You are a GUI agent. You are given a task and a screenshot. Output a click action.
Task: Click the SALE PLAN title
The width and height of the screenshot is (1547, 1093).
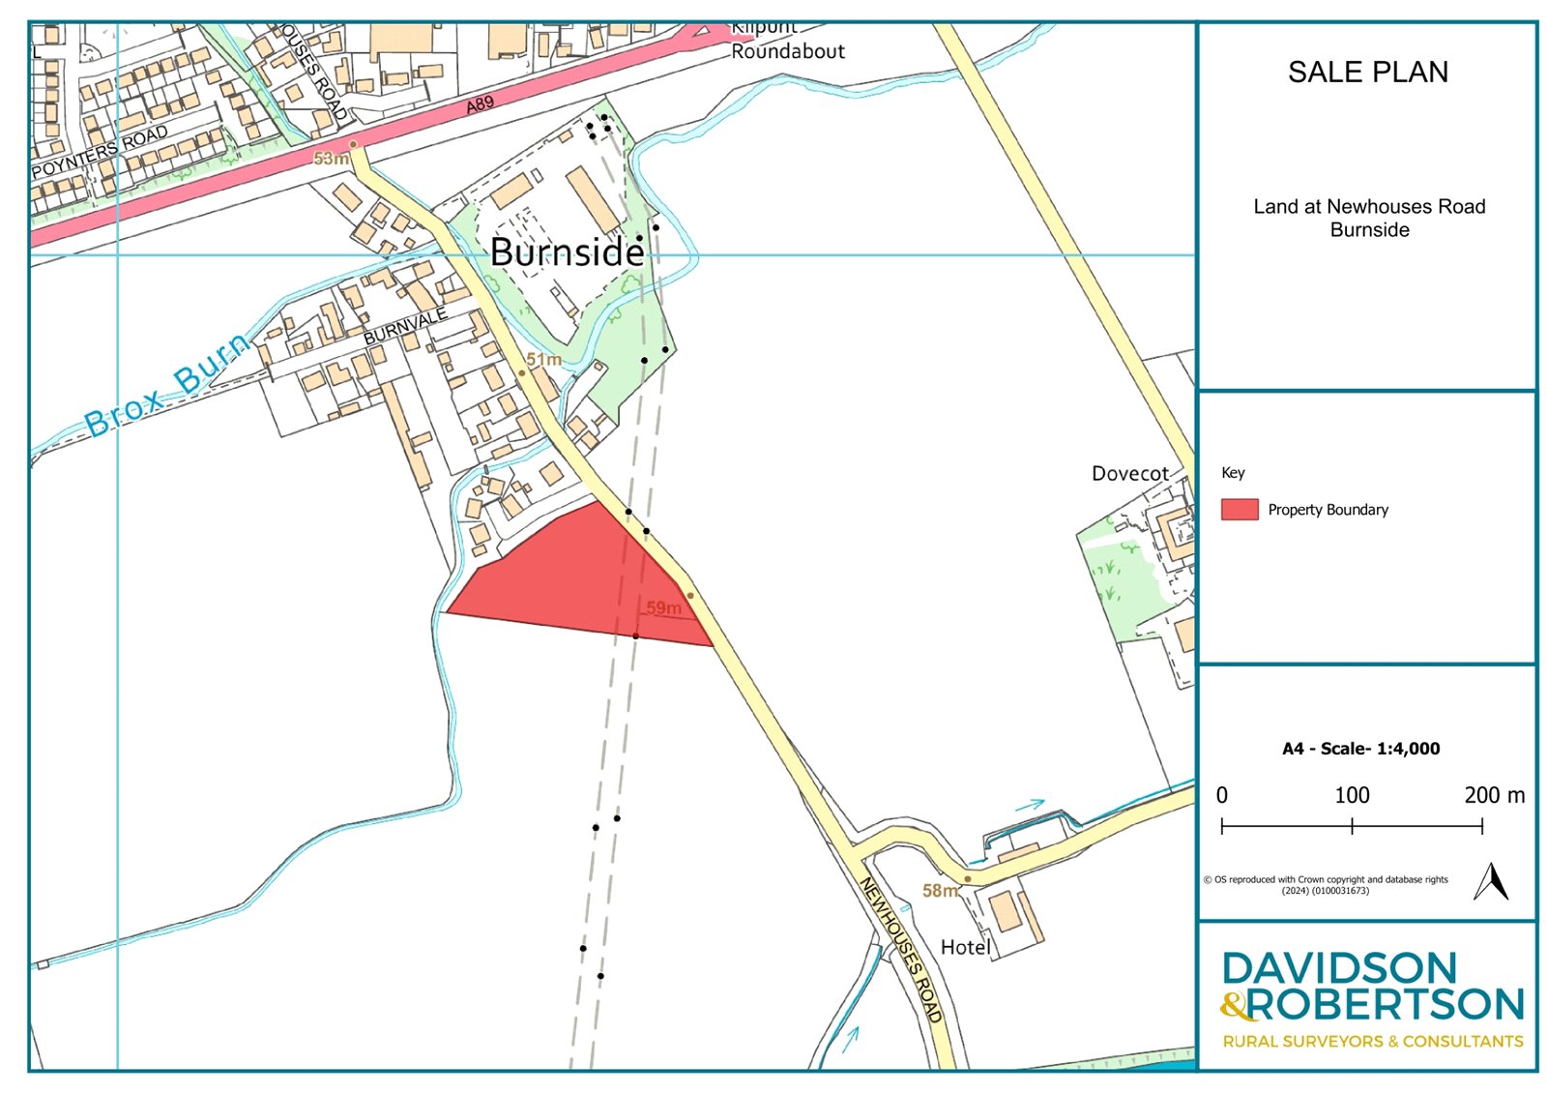click(1367, 73)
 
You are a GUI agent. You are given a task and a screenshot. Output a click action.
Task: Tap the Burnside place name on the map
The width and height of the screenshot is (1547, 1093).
click(567, 252)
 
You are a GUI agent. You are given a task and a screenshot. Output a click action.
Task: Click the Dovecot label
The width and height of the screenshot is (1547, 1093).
click(1129, 474)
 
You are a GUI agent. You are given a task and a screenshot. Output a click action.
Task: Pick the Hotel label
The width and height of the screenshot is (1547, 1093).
click(965, 948)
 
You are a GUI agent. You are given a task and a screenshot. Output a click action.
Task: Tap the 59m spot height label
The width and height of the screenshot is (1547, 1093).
click(663, 608)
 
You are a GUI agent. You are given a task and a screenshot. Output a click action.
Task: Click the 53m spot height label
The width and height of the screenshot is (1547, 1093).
click(331, 159)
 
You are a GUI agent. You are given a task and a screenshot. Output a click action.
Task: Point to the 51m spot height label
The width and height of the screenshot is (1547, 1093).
click(543, 360)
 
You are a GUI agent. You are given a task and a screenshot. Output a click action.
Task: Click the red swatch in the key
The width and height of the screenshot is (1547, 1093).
click(1239, 510)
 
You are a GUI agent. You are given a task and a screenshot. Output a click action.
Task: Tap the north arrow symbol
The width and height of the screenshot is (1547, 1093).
click(1491, 881)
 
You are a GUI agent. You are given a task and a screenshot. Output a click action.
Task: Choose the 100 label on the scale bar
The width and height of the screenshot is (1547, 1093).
click(1352, 795)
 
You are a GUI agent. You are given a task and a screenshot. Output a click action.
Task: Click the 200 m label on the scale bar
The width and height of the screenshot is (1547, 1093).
click(1494, 795)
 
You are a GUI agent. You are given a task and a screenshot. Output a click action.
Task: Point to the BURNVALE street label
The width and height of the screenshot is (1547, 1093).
click(405, 326)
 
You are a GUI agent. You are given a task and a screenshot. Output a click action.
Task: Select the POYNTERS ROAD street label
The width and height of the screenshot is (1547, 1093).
click(100, 152)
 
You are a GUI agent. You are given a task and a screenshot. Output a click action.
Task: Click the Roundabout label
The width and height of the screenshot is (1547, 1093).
click(787, 51)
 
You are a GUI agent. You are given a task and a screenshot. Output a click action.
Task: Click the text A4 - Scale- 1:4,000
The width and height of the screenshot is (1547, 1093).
click(1360, 749)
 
